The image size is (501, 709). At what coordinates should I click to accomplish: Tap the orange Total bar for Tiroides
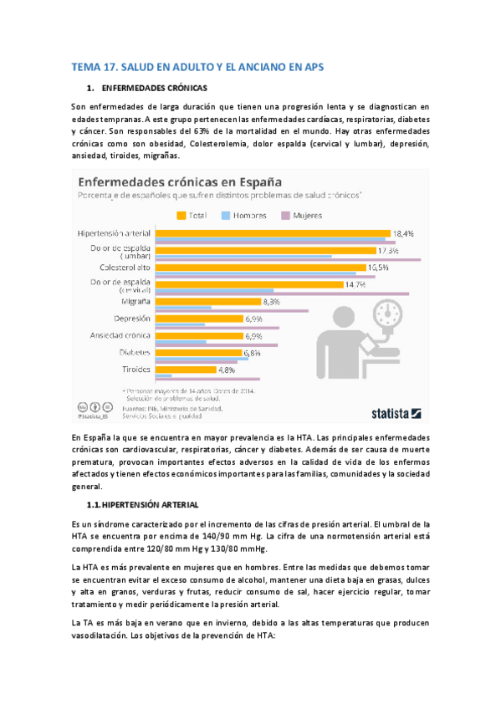[186, 370]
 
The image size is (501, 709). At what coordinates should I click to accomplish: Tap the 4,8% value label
[227, 370]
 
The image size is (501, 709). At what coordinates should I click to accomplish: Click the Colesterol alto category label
[125, 268]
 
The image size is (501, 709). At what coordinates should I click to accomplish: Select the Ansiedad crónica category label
[120, 335]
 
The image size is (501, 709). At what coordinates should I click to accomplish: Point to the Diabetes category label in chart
[135, 353]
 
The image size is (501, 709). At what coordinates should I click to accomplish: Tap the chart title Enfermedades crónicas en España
[180, 181]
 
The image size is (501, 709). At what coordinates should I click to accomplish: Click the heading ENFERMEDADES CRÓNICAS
[154, 87]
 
